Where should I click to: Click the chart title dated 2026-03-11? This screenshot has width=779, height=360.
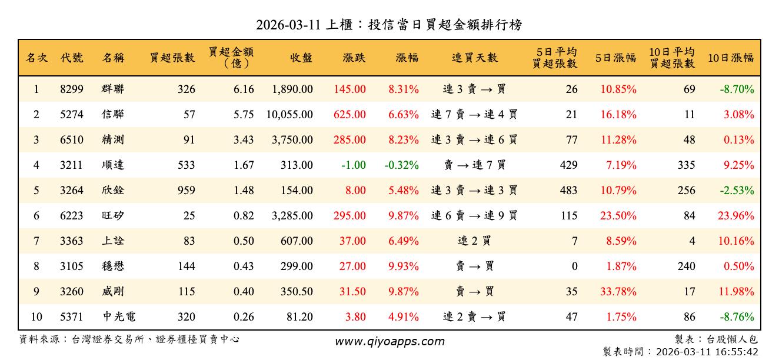click(x=389, y=25)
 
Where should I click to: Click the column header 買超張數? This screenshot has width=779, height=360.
click(x=172, y=58)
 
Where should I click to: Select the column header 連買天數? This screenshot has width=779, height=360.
click(x=474, y=58)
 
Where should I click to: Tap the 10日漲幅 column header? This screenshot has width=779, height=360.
click(x=730, y=58)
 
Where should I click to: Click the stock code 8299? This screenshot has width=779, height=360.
click(x=72, y=89)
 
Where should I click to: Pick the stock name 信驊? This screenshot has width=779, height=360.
click(x=112, y=115)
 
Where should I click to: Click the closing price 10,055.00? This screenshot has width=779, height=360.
click(x=289, y=115)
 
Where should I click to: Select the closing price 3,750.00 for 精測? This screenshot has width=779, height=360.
click(x=292, y=140)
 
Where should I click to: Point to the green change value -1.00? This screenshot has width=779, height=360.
click(x=353, y=165)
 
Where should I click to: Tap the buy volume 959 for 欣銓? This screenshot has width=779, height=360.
click(x=185, y=191)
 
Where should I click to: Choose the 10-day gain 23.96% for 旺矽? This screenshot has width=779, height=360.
click(x=735, y=216)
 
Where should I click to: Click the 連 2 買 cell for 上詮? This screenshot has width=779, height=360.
click(x=474, y=241)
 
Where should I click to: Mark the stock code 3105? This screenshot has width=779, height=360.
click(x=72, y=266)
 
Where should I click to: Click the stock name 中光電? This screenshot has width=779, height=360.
click(x=119, y=317)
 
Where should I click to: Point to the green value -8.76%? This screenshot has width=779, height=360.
click(x=737, y=317)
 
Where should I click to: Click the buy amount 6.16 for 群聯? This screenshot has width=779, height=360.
click(x=244, y=89)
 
